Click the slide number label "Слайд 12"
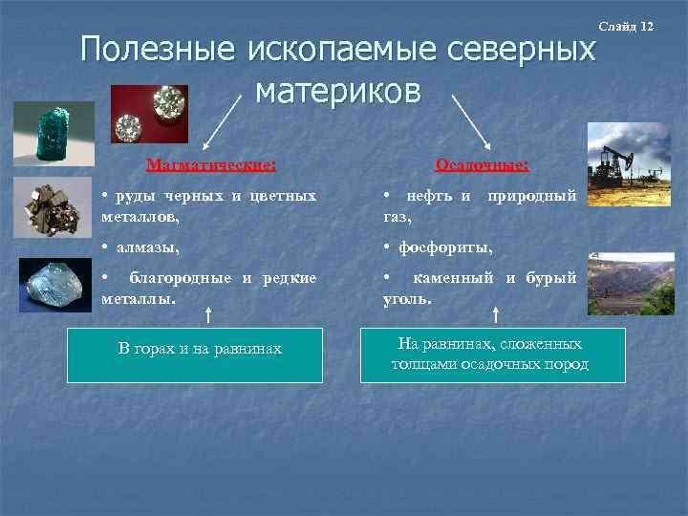point(626,25)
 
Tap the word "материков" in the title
point(338,91)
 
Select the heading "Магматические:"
point(211,164)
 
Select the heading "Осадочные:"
point(482,164)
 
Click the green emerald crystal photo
point(54,133)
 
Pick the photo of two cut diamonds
point(149,114)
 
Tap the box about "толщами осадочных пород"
point(492,355)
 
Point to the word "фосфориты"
point(445,248)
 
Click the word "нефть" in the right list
point(429,196)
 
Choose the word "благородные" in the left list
point(181,278)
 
